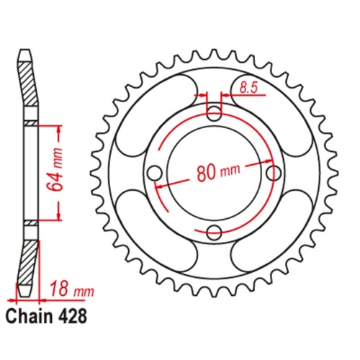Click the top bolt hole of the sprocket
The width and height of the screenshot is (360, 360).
(x=214, y=114)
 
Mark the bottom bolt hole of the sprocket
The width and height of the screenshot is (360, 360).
(x=214, y=232)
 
